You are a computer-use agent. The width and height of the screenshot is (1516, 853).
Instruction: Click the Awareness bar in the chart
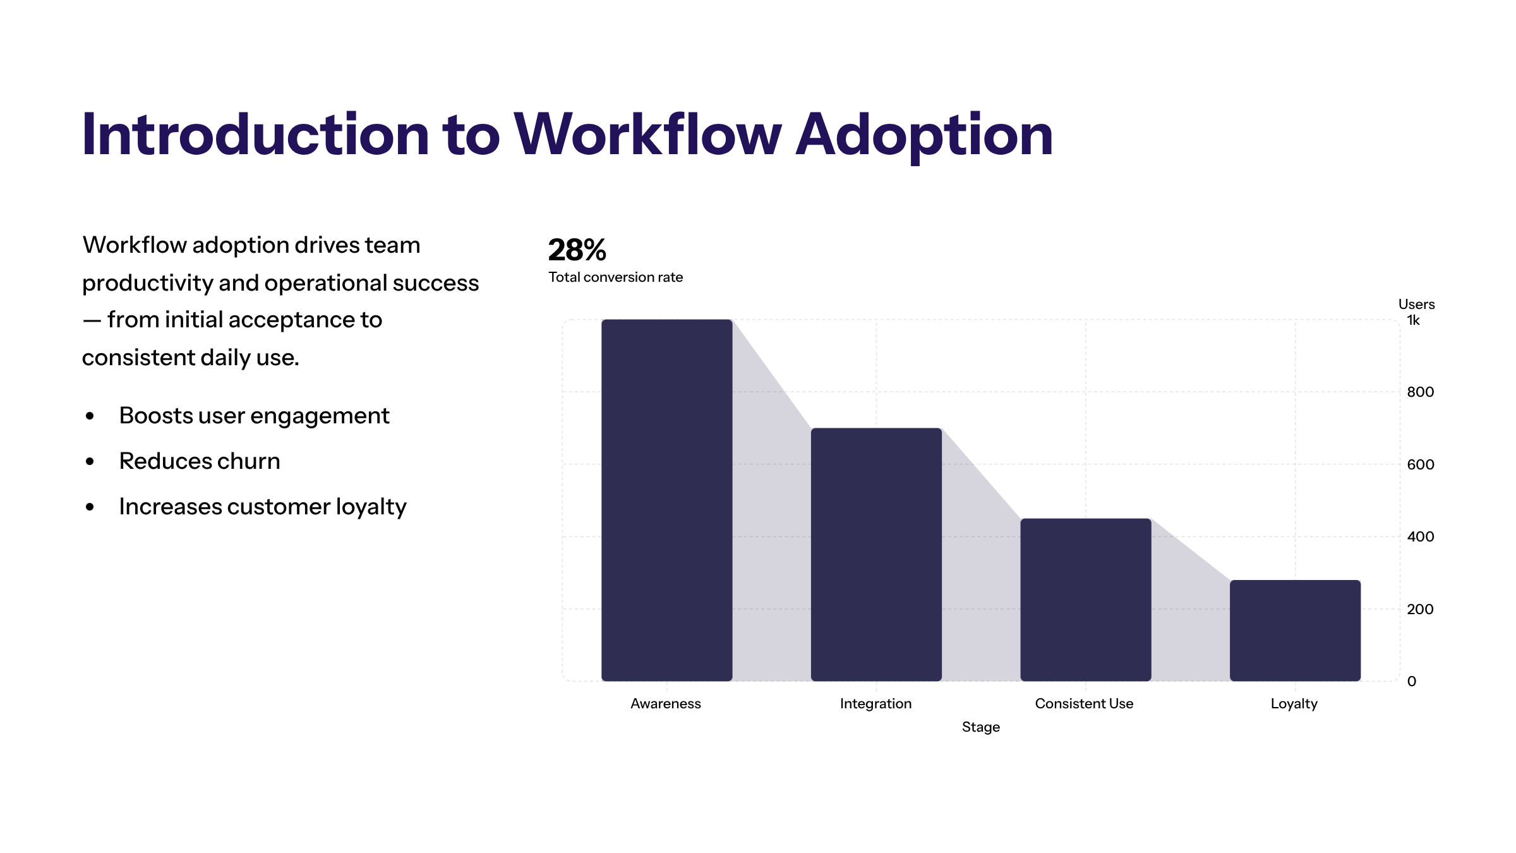(666, 499)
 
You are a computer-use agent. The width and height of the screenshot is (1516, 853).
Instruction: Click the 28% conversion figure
(577, 250)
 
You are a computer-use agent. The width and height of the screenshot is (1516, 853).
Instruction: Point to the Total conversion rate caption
(615, 277)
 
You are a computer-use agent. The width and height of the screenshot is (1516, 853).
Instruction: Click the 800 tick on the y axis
(1420, 392)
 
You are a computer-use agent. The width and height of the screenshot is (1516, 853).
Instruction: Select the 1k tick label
(1413, 320)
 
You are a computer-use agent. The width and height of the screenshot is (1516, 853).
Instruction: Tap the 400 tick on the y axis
(1420, 537)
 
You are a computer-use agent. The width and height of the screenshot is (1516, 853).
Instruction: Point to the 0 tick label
(1412, 682)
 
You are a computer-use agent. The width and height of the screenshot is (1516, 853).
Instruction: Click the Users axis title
(1416, 305)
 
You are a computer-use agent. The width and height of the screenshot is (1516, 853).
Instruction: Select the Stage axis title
(980, 727)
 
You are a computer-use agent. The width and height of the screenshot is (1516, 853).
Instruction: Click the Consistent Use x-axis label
(1084, 704)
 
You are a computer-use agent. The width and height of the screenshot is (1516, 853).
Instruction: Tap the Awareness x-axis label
(666, 704)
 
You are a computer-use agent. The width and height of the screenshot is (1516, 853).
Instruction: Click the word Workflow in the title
(647, 135)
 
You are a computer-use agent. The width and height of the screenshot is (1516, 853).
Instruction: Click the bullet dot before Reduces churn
(90, 462)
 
